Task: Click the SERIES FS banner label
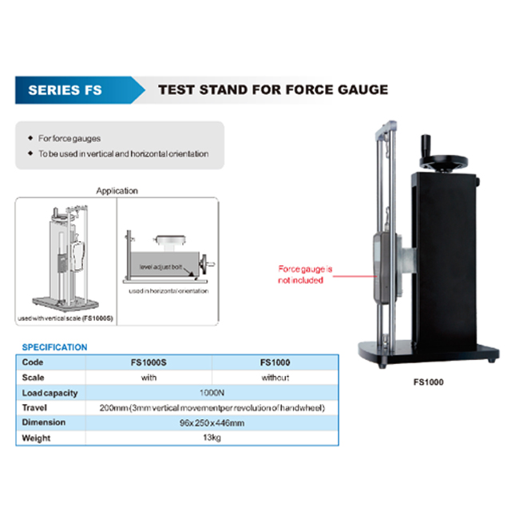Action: (x=65, y=90)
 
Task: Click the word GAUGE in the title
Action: (x=363, y=89)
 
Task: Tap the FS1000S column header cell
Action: (x=149, y=363)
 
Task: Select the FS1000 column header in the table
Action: (x=275, y=363)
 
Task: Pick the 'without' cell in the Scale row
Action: (x=275, y=378)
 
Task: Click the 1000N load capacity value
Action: (x=212, y=393)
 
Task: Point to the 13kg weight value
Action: (x=212, y=438)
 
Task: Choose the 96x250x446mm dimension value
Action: (x=212, y=423)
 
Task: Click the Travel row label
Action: (x=34, y=408)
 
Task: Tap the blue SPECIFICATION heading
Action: (x=54, y=347)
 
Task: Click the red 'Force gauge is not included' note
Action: (x=305, y=275)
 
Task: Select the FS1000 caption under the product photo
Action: (x=428, y=382)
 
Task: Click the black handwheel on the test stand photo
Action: (x=443, y=163)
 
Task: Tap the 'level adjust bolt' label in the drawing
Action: (x=160, y=267)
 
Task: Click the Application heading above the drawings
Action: (x=117, y=191)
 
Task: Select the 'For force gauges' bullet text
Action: (x=69, y=138)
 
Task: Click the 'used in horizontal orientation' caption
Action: (x=168, y=291)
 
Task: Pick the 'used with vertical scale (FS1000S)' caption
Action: (x=65, y=319)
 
